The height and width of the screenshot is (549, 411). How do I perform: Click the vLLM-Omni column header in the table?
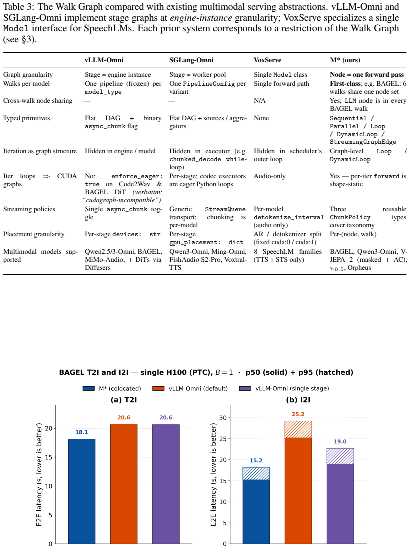pyautogui.click(x=104, y=60)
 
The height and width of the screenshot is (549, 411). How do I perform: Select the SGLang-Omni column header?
pyautogui.click(x=191, y=60)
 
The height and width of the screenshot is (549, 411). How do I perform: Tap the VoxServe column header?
pyautogui.click(x=267, y=60)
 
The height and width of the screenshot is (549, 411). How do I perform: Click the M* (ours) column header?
pyautogui.click(x=345, y=60)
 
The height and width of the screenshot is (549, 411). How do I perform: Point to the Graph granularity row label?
pyautogui.click(x=28, y=75)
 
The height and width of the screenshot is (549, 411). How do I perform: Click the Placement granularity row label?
pyautogui.click(x=34, y=234)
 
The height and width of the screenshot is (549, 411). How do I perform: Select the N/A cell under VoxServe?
pyautogui.click(x=260, y=101)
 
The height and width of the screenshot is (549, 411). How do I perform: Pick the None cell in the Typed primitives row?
pyautogui.click(x=261, y=118)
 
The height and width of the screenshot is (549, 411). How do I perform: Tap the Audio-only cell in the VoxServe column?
pyautogui.click(x=270, y=176)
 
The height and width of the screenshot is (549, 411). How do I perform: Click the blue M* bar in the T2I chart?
pyautogui.click(x=82, y=491)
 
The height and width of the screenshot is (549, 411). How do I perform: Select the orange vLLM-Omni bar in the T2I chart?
pyautogui.click(x=124, y=484)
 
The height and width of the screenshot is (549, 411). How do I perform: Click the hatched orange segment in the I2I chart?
pyautogui.click(x=298, y=429)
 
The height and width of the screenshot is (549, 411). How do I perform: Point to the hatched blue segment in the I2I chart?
pyautogui.click(x=256, y=474)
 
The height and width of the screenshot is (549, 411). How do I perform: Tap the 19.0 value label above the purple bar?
pyautogui.click(x=340, y=441)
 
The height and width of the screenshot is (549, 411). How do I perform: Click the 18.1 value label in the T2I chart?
pyautogui.click(x=82, y=432)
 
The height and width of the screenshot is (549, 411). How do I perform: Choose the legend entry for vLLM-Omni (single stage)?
pyautogui.click(x=284, y=388)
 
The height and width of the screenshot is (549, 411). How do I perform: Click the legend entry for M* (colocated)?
pyautogui.click(x=112, y=388)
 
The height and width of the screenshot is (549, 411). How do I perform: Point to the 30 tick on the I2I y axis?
pyautogui.click(x=223, y=418)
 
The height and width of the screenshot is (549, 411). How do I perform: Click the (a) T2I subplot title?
pyautogui.click(x=124, y=400)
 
